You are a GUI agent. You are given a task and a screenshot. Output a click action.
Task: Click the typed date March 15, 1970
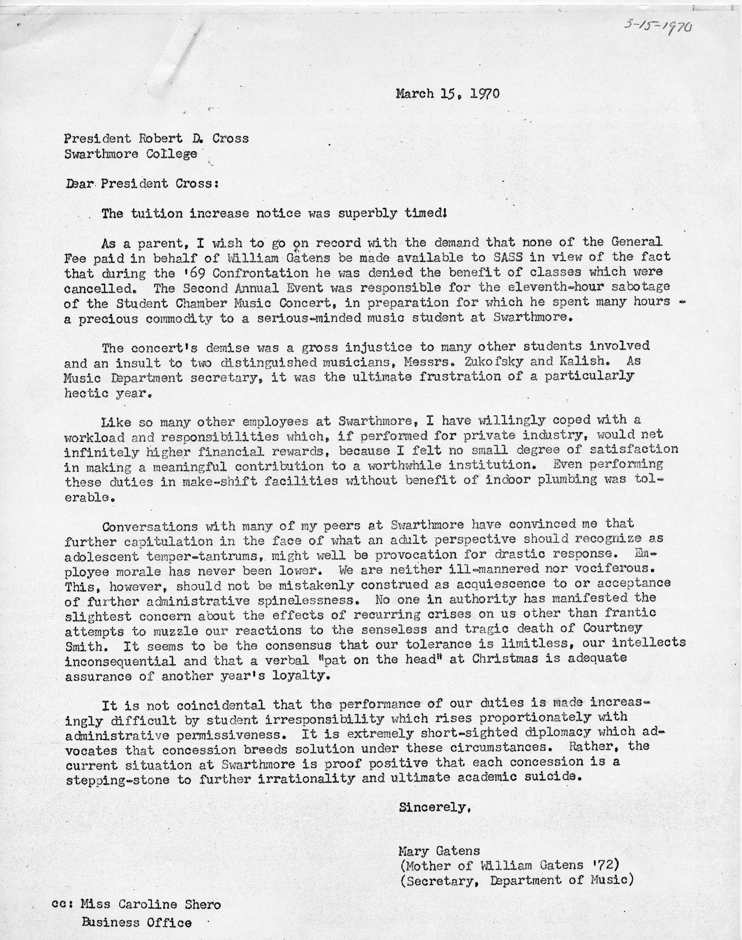tap(448, 94)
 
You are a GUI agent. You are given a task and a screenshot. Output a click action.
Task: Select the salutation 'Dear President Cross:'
tap(141, 183)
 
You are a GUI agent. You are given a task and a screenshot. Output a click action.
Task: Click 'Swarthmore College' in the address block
tap(131, 154)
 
